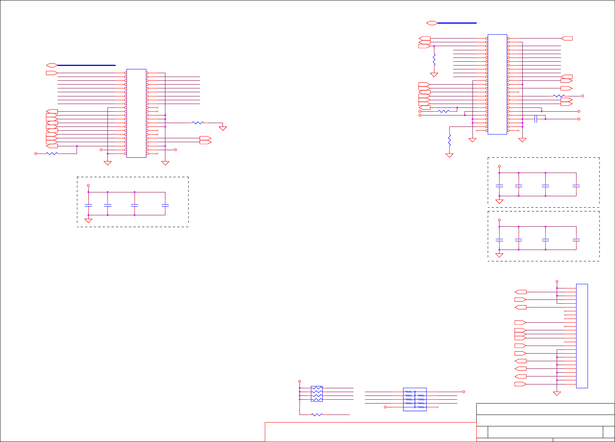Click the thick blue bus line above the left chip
86,65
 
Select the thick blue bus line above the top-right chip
457,23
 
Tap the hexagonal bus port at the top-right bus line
432,23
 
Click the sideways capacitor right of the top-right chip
536,119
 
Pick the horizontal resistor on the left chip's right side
198,123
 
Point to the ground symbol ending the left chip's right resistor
223,128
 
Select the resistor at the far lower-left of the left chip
52,154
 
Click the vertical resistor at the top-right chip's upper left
434,59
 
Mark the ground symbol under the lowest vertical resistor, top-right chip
450,155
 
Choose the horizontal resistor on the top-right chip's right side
559,96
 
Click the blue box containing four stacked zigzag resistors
317,394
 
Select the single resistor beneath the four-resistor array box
317,415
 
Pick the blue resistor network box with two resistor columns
415,399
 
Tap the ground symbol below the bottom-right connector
557,393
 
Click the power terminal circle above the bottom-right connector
557,282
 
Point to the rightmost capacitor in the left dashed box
165,205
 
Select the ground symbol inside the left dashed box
88,221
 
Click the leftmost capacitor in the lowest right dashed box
499,240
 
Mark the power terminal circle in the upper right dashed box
499,167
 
